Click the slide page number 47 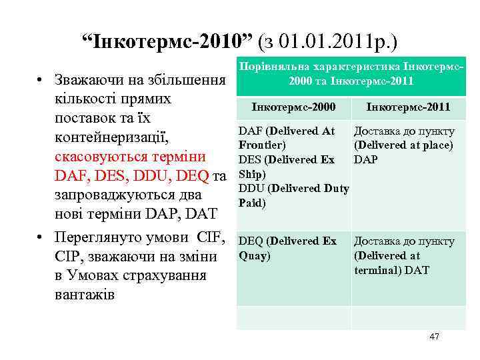434,337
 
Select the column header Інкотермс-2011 409,107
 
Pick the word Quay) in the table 255,255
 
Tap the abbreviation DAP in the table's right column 365,160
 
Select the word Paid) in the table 253,203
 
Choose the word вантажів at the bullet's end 86,293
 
